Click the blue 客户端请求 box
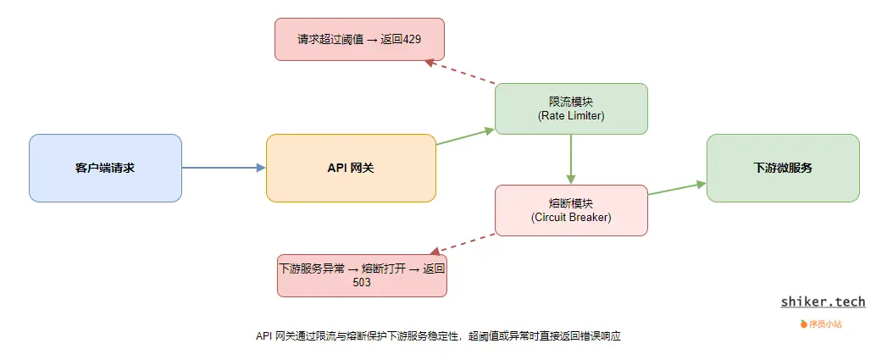[105, 168]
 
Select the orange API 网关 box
[351, 168]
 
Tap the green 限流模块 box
[571, 108]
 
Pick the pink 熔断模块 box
[571, 210]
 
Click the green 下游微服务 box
[782, 168]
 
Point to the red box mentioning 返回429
[359, 39]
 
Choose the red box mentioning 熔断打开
[362, 274]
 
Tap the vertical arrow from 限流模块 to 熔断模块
[571, 159]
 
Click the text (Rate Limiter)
[571, 116]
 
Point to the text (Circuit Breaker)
[571, 218]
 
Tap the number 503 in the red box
[362, 283]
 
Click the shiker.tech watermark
[823, 302]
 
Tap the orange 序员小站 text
[824, 324]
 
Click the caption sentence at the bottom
[438, 336]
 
